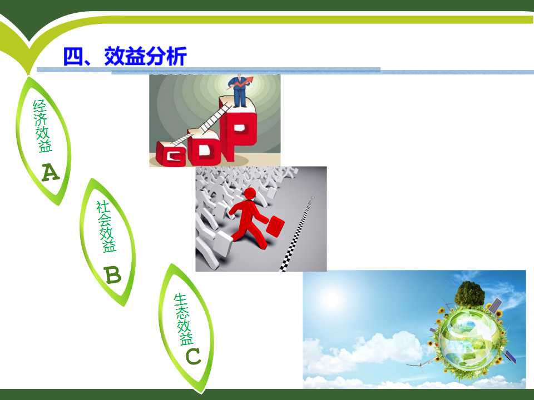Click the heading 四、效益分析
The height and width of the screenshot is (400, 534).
[x=125, y=56]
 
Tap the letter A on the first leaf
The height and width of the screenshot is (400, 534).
[x=51, y=172]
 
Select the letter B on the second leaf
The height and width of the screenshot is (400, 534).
[x=113, y=274]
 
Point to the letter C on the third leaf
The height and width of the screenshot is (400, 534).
[x=193, y=357]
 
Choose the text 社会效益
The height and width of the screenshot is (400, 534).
[x=106, y=227]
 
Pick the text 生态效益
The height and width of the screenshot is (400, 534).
[x=183, y=319]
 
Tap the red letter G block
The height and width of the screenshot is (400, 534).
[x=171, y=154]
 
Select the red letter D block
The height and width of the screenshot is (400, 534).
[x=204, y=147]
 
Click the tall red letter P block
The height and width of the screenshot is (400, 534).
[x=238, y=128]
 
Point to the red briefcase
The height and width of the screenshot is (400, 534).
[x=275, y=226]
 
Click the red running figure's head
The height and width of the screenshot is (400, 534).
[x=250, y=193]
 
